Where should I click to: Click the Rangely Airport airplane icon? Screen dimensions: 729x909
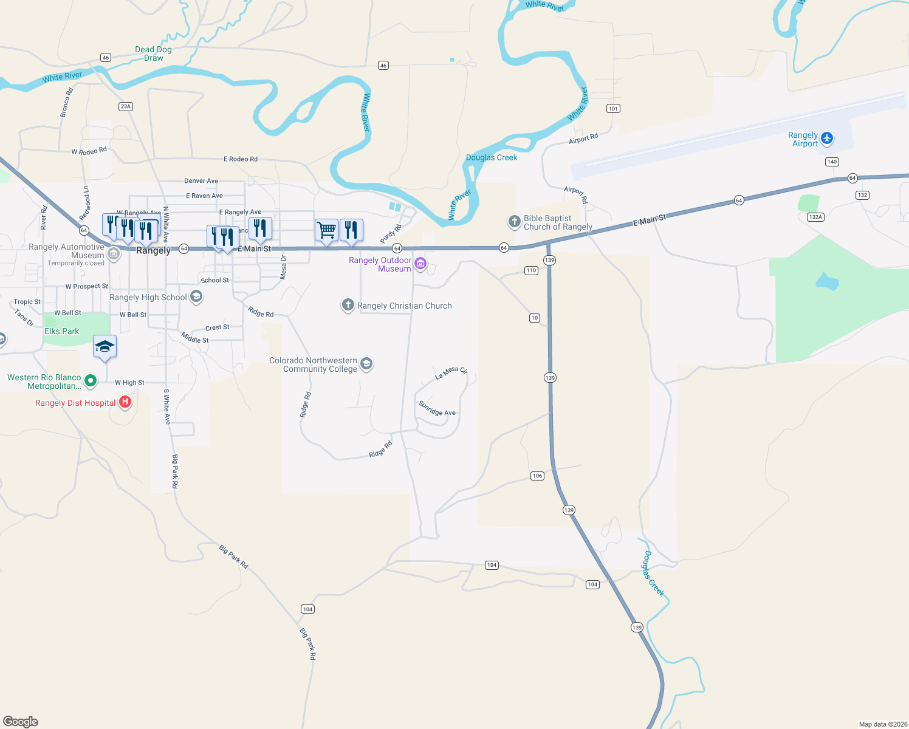[x=826, y=139]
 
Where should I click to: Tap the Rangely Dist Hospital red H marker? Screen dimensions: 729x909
[x=125, y=402]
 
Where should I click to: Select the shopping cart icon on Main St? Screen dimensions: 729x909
[x=326, y=230]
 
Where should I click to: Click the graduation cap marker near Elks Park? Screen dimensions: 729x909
[x=105, y=347]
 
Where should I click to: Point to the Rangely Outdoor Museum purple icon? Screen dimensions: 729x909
[x=420, y=264]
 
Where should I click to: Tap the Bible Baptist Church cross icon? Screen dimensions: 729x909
[x=514, y=221]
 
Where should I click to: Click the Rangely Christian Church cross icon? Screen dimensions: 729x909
[x=348, y=305]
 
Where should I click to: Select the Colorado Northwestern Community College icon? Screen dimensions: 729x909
[x=366, y=363]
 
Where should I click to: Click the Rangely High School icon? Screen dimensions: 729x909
[x=196, y=296]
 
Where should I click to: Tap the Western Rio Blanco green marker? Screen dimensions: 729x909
[x=91, y=381]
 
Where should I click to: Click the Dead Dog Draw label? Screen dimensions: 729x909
[x=153, y=53]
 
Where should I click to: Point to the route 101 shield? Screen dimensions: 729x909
[x=613, y=109]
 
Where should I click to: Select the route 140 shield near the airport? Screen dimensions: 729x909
[x=832, y=162]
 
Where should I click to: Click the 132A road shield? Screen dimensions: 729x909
[x=815, y=217]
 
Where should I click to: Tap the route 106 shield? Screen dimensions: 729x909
[x=537, y=476]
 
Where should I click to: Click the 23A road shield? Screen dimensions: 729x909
[x=125, y=106]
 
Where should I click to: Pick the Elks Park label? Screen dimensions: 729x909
[x=62, y=331]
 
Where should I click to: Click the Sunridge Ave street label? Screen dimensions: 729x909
[x=437, y=409]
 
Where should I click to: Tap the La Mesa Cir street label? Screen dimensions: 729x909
[x=451, y=372]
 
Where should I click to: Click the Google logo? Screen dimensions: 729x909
[x=21, y=721]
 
